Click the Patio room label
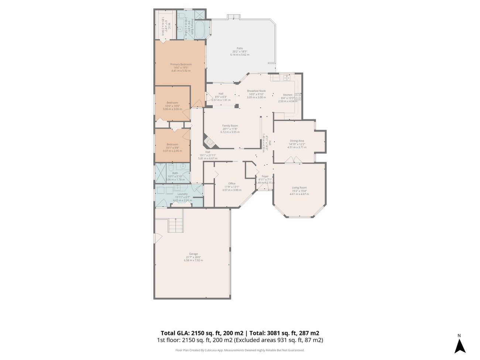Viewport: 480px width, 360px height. click(x=240, y=48)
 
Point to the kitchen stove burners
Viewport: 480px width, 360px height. click(x=298, y=97)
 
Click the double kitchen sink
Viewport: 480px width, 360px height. click(x=287, y=78)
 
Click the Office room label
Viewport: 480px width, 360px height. click(x=232, y=184)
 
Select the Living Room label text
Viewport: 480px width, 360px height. click(x=299, y=188)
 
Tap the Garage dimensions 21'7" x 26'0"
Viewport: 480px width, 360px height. click(x=193, y=257)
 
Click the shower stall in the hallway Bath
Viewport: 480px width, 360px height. click(x=161, y=173)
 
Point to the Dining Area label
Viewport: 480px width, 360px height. click(x=297, y=141)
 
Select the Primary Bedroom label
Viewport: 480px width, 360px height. click(x=181, y=64)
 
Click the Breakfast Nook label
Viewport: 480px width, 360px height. click(x=256, y=91)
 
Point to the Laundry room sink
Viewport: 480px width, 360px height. click(x=161, y=191)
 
